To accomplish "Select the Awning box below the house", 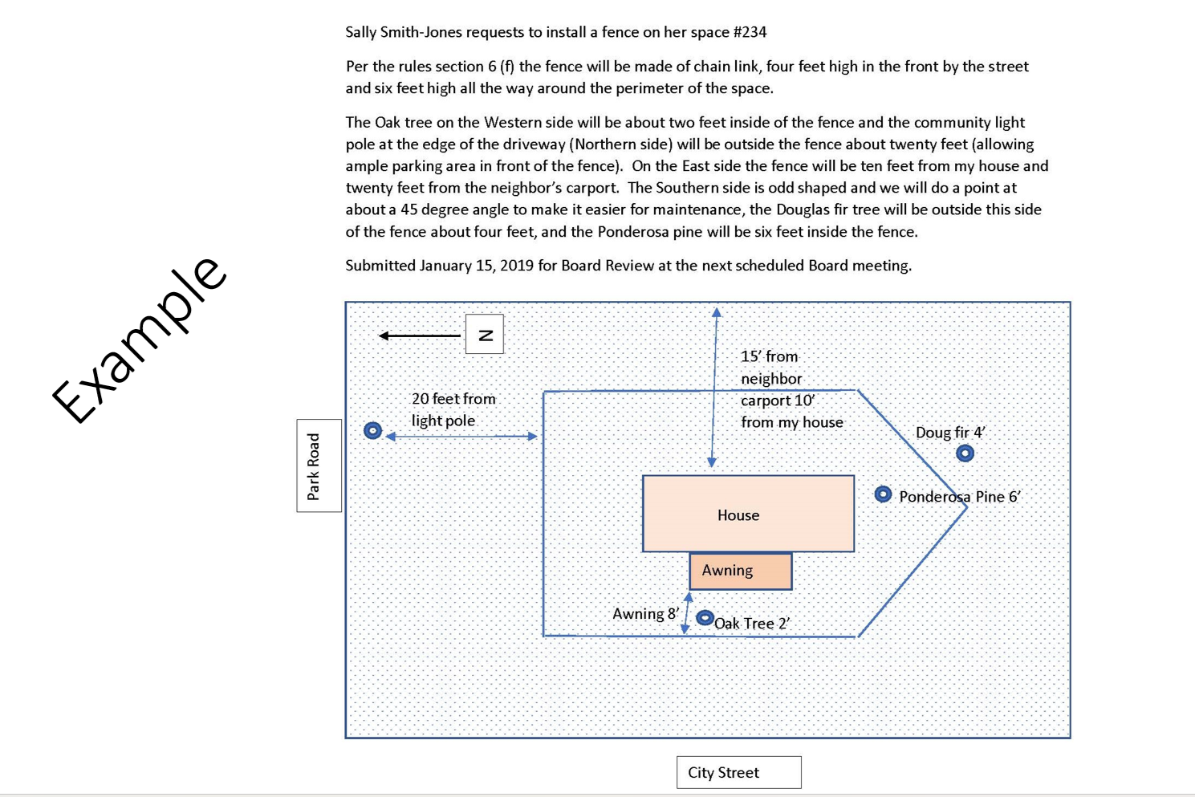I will (740, 571).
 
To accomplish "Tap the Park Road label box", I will (319, 466).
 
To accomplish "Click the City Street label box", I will (738, 772).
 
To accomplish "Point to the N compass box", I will (485, 334).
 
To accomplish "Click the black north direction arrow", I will (420, 335).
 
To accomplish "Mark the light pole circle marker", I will (372, 431).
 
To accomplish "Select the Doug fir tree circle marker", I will (965, 453).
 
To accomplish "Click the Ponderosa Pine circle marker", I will (883, 494).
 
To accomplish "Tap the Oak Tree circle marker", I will (705, 618).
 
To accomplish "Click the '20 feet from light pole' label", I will (453, 409).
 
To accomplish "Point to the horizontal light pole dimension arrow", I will (461, 437).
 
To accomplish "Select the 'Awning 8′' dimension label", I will (645, 614).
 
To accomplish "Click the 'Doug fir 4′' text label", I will (949, 433).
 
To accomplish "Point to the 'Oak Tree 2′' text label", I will (752, 624).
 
